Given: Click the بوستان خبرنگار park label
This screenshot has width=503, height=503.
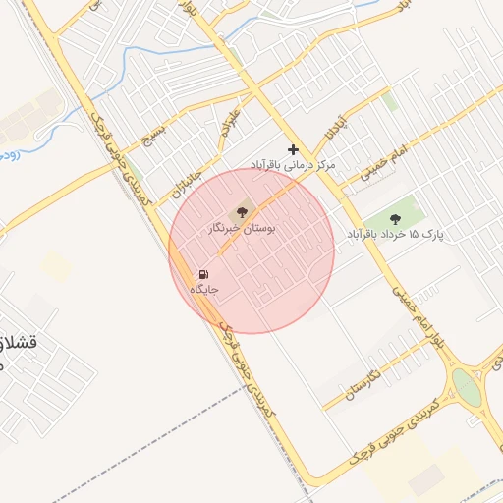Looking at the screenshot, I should pyautogui.click(x=243, y=228).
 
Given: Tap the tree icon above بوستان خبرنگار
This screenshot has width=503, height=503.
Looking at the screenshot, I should pyautogui.click(x=243, y=212).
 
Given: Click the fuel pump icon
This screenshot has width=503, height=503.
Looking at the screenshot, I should pyautogui.click(x=203, y=274).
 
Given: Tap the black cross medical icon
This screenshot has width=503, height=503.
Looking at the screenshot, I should pyautogui.click(x=293, y=148).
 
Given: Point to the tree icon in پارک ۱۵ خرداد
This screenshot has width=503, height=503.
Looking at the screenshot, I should pyautogui.click(x=396, y=219).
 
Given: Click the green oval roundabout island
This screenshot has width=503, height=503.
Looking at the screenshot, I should pyautogui.click(x=468, y=388).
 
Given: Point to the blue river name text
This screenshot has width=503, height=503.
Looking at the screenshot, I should pyautogui.click(x=8, y=154).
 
